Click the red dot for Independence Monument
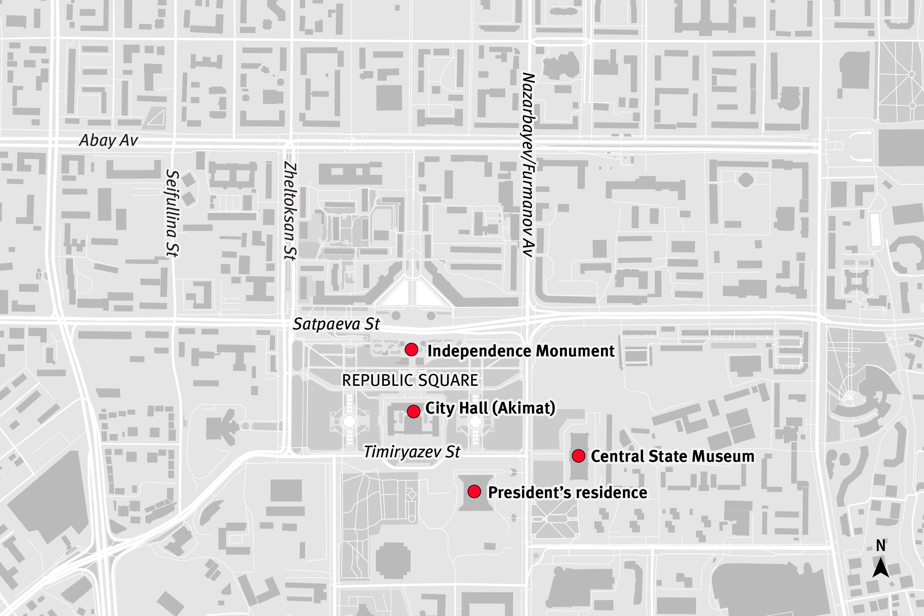(411, 349)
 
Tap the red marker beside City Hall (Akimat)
(413, 412)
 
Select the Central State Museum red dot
(578, 456)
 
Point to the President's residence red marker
(474, 492)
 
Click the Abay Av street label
(108, 140)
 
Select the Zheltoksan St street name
(290, 211)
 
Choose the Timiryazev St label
(412, 452)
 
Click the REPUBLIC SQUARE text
(410, 380)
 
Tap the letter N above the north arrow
(881, 545)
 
